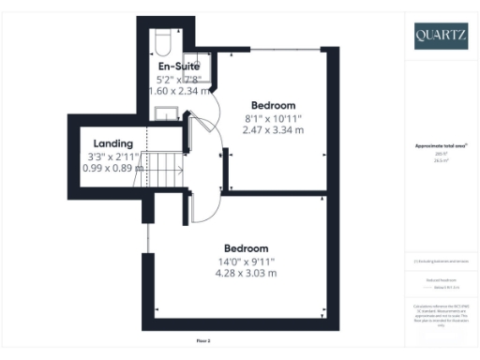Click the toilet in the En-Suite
160,43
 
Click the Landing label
112,143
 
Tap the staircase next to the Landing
166,171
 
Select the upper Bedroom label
274,104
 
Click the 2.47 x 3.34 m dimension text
274,129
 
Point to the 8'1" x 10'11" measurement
274,117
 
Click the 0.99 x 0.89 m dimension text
112,168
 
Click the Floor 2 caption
203,339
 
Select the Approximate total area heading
440,146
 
